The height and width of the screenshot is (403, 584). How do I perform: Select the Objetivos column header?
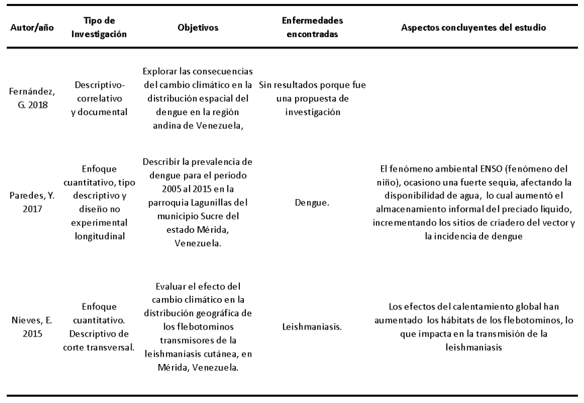(198, 28)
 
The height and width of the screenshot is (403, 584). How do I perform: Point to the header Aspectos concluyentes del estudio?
(473, 28)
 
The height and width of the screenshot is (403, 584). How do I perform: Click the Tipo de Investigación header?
(100, 28)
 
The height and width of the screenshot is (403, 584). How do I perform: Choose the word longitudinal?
(101, 237)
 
